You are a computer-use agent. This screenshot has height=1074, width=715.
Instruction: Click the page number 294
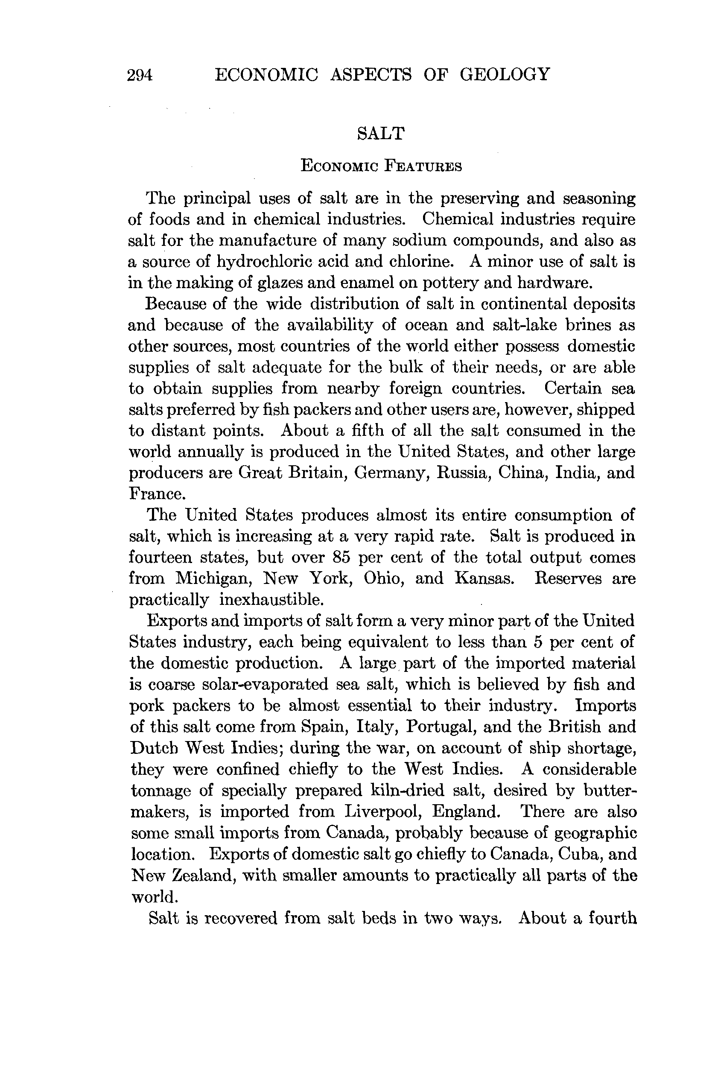140,75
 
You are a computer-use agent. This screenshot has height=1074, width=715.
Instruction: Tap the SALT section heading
381,134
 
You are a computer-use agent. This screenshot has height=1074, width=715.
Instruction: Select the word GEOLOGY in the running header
505,74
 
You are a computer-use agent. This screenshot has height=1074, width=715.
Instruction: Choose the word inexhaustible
272,599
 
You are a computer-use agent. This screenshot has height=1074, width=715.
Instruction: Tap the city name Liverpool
383,811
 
